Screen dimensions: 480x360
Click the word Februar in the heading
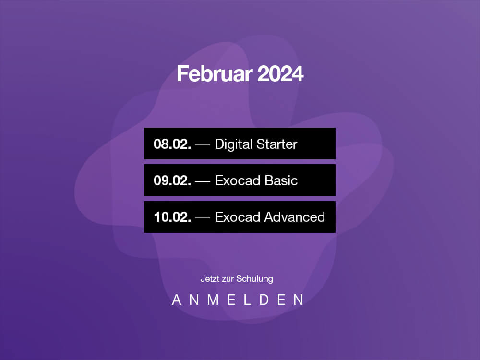point(215,74)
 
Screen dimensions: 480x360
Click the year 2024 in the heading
point(280,74)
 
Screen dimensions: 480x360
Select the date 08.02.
point(172,144)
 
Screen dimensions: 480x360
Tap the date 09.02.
point(172,180)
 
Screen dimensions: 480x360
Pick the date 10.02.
point(172,217)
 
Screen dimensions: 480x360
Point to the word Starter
point(277,144)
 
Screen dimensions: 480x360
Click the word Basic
point(281,180)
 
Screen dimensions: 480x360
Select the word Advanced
point(294,217)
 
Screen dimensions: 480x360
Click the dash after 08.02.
point(203,145)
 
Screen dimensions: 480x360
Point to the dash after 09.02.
point(203,181)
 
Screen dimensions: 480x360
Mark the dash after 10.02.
point(203,218)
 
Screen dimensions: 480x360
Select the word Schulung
point(254,279)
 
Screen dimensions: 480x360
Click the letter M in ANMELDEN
point(213,300)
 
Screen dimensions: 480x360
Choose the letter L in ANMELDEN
point(247,300)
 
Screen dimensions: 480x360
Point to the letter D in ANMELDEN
point(264,300)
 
